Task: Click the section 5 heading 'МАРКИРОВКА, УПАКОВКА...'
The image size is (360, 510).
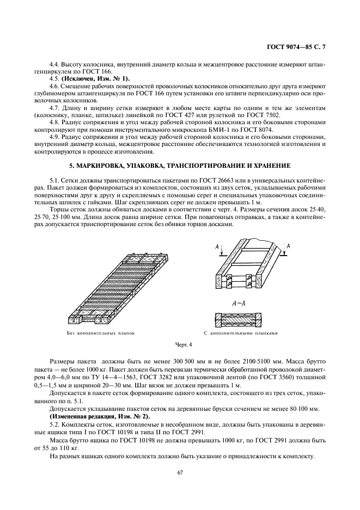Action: tap(180, 165)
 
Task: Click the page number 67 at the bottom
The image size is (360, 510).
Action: tap(180, 472)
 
